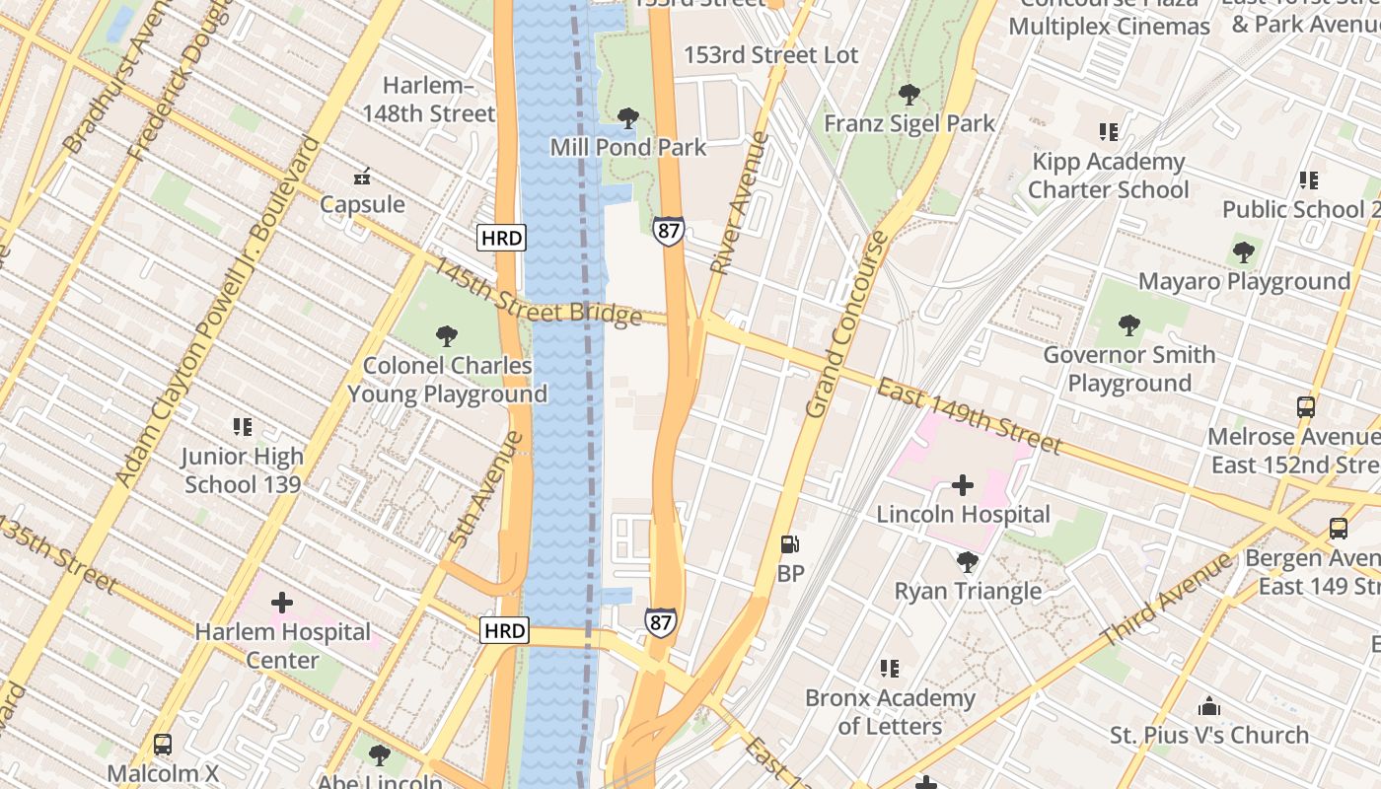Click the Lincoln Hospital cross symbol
[x=963, y=485]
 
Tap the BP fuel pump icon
[x=789, y=543]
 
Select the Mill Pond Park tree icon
[x=627, y=118]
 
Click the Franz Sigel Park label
[x=909, y=123]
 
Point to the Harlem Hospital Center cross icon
[x=282, y=602]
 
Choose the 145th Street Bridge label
[x=538, y=293]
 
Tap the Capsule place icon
[x=362, y=177]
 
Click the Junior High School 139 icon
[x=243, y=427]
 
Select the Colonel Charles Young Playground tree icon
[x=447, y=335]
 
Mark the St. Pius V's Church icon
[x=1208, y=706]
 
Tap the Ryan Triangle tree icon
[x=968, y=561]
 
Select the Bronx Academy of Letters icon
[x=890, y=669]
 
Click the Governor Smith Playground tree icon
[x=1129, y=324]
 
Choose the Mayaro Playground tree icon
[x=1244, y=251]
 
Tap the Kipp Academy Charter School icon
[x=1109, y=131]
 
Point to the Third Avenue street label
[x=1167, y=601]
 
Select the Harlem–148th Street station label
[x=428, y=100]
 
